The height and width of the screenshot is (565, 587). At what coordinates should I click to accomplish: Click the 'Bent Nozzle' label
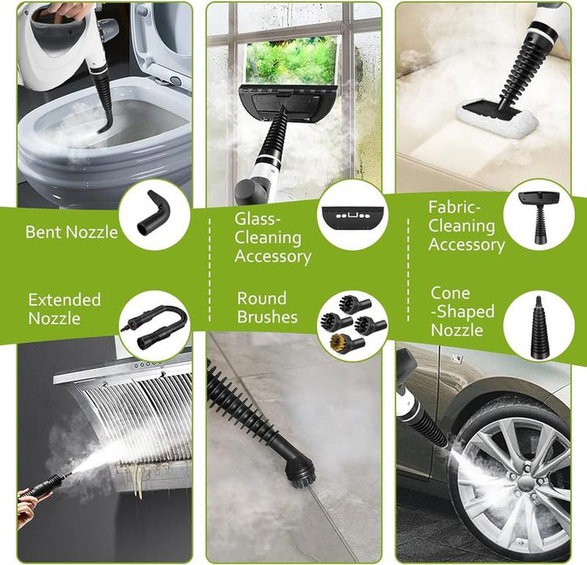[x=71, y=232]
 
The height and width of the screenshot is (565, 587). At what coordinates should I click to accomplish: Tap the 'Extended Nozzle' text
[x=64, y=309]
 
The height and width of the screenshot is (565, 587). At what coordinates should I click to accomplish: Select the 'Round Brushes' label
[x=267, y=307]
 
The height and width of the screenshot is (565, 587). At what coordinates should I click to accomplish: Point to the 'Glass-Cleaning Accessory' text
[x=272, y=238]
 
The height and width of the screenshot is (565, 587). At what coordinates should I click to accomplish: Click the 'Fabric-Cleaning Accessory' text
[x=466, y=226]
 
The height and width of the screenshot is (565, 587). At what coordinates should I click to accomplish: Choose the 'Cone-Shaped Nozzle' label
[x=463, y=312]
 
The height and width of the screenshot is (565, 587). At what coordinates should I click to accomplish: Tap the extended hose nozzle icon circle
[x=155, y=324]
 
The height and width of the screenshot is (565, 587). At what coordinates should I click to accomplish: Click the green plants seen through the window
[x=290, y=59]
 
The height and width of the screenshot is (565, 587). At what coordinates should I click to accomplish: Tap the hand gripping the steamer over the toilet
[x=71, y=10]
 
